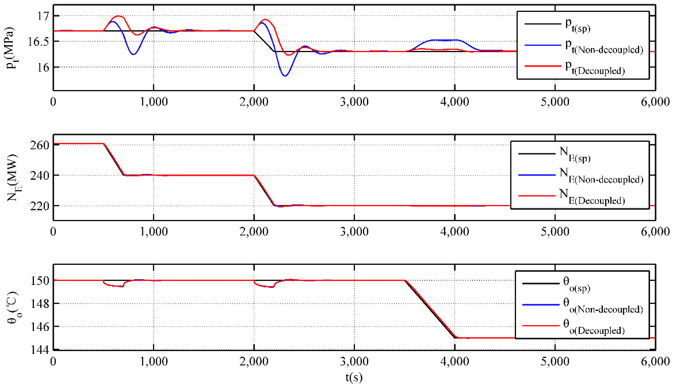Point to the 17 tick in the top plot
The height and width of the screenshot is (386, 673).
pyautogui.click(x=43, y=16)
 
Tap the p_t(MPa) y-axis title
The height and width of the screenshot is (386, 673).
pyautogui.click(x=11, y=48)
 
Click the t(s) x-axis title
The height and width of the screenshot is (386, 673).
pyautogui.click(x=354, y=377)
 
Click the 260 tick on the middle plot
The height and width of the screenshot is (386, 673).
pyautogui.click(x=40, y=145)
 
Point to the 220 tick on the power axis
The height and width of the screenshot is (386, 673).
pyautogui.click(x=40, y=206)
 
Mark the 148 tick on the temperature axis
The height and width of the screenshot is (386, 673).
pyautogui.click(x=40, y=304)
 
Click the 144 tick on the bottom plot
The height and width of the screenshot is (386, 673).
pyautogui.click(x=40, y=350)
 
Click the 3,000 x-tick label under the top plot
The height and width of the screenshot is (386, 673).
pyautogui.click(x=354, y=102)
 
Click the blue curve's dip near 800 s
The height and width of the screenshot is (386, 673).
pyautogui.click(x=133, y=54)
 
